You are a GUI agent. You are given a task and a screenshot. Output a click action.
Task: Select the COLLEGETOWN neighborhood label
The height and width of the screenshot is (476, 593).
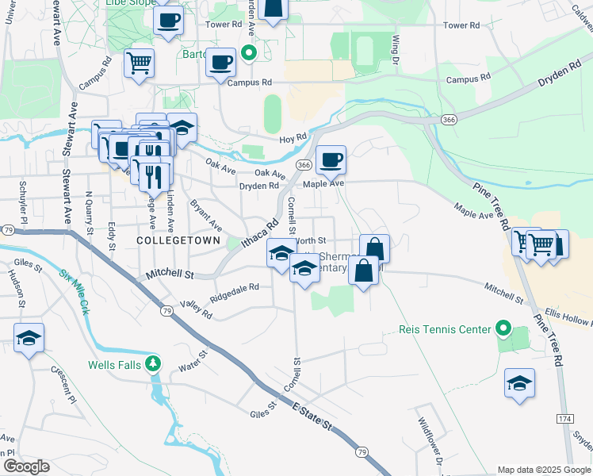point(172,239)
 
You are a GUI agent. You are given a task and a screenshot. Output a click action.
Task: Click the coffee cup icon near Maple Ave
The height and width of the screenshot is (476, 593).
point(331,159)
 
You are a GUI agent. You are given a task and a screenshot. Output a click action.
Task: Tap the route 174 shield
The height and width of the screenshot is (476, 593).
point(564,418)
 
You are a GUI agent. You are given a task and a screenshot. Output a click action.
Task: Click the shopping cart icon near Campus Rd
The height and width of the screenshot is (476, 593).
point(139,62)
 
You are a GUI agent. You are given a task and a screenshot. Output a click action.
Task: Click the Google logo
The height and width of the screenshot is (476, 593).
point(26,466)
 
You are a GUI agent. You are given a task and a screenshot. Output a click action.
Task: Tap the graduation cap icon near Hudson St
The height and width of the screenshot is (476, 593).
point(29,338)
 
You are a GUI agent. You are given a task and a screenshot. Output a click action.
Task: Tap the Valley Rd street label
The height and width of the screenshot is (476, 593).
point(197,310)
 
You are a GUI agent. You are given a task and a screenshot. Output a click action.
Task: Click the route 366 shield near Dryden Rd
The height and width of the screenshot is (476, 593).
point(304,164)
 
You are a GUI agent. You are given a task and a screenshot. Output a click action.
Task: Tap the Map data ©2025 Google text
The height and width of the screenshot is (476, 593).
point(544,470)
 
